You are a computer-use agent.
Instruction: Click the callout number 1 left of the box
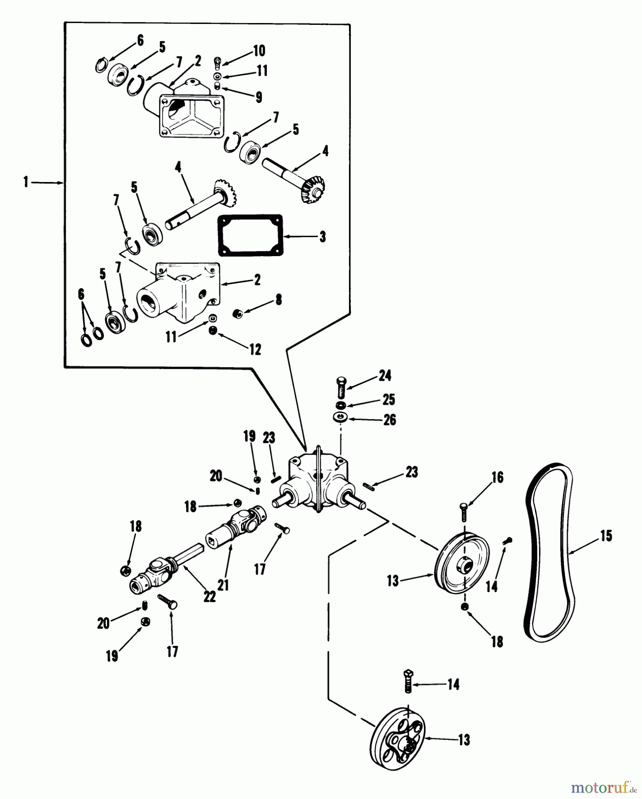[26, 182]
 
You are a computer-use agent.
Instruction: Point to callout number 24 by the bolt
[384, 376]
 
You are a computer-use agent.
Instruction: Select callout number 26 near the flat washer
[389, 419]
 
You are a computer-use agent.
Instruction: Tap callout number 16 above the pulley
[497, 478]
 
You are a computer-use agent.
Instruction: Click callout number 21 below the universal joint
[223, 585]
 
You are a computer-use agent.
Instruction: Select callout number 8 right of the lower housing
[278, 300]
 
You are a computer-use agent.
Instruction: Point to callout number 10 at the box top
[258, 51]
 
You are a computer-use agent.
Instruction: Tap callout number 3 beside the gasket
[322, 237]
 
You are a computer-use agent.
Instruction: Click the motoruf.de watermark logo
[602, 787]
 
